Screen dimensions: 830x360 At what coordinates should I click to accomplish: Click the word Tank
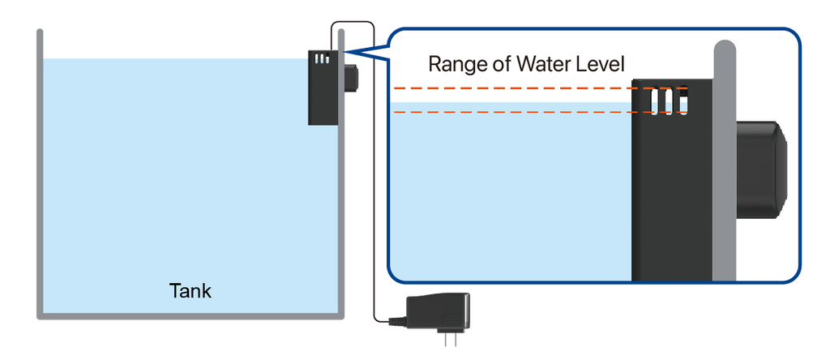[190, 290]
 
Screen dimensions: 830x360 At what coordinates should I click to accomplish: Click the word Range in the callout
[455, 64]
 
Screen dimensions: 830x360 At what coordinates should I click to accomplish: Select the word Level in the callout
[600, 63]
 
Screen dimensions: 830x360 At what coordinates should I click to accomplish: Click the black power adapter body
[437, 311]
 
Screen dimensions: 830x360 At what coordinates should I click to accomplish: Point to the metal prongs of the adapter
[450, 339]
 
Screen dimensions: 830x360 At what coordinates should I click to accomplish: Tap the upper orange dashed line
[540, 88]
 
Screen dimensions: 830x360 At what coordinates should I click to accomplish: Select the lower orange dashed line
[540, 112]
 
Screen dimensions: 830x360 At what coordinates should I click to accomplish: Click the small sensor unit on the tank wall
[323, 88]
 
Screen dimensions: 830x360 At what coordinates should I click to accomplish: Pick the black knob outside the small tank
[350, 78]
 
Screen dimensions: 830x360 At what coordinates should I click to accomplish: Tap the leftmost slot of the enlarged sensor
[655, 101]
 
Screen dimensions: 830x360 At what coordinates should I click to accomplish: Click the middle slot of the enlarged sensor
[669, 101]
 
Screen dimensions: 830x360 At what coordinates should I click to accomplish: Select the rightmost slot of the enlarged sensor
[682, 101]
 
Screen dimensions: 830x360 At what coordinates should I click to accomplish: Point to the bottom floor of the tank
[190, 316]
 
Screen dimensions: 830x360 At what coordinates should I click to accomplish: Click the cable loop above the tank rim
[353, 22]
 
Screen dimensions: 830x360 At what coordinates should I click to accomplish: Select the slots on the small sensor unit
[322, 58]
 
